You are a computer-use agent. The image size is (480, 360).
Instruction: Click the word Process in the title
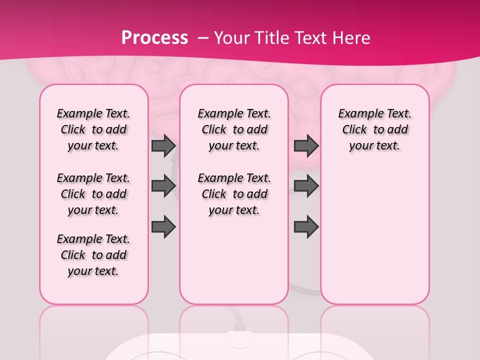[x=154, y=38]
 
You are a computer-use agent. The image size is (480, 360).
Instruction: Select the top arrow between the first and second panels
[x=163, y=146]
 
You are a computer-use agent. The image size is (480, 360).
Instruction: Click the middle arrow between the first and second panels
[x=163, y=186]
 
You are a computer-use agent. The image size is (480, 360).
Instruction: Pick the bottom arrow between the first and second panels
[x=163, y=226]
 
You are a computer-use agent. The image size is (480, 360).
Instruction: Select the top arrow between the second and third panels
[x=306, y=146]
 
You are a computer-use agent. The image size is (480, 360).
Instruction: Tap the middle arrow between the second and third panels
[x=306, y=186]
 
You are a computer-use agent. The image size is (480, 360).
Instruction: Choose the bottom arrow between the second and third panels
[x=306, y=227]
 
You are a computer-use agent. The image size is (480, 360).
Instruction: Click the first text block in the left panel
[x=93, y=129]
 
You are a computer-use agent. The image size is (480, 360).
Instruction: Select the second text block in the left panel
[x=93, y=194]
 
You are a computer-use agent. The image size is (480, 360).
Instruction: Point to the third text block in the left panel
[x=93, y=255]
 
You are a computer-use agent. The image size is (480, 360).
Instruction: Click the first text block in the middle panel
[x=234, y=129]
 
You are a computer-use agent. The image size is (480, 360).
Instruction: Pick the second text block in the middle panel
[x=234, y=194]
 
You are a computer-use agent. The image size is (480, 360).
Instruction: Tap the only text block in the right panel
[x=375, y=129]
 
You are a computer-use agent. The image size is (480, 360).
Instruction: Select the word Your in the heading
[x=230, y=38]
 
